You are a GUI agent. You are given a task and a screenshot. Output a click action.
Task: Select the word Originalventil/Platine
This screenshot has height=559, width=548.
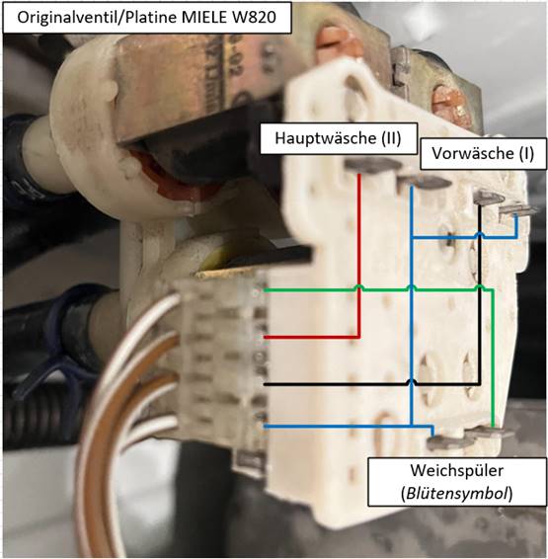pos(97,18)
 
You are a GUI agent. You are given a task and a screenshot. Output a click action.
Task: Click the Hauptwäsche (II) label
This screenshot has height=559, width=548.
pos(338,138)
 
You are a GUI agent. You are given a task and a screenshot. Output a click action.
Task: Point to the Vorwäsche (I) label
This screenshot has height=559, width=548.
pos(483,154)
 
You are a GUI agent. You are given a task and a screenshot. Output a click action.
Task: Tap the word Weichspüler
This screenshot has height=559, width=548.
pos(457,470)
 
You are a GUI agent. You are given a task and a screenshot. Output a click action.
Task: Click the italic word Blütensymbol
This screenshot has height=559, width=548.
pos(457,494)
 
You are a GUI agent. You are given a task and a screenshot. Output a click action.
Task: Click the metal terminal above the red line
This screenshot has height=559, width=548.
pos(372,165)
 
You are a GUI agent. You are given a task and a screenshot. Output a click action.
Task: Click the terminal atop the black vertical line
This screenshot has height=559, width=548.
pos(491,198)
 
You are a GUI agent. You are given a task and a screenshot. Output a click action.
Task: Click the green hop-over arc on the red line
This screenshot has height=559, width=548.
pos(358,287)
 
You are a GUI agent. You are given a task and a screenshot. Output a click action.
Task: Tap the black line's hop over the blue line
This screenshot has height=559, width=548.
pos(412,382)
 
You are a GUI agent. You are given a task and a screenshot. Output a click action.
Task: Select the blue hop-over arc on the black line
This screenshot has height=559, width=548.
pos(480,235)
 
